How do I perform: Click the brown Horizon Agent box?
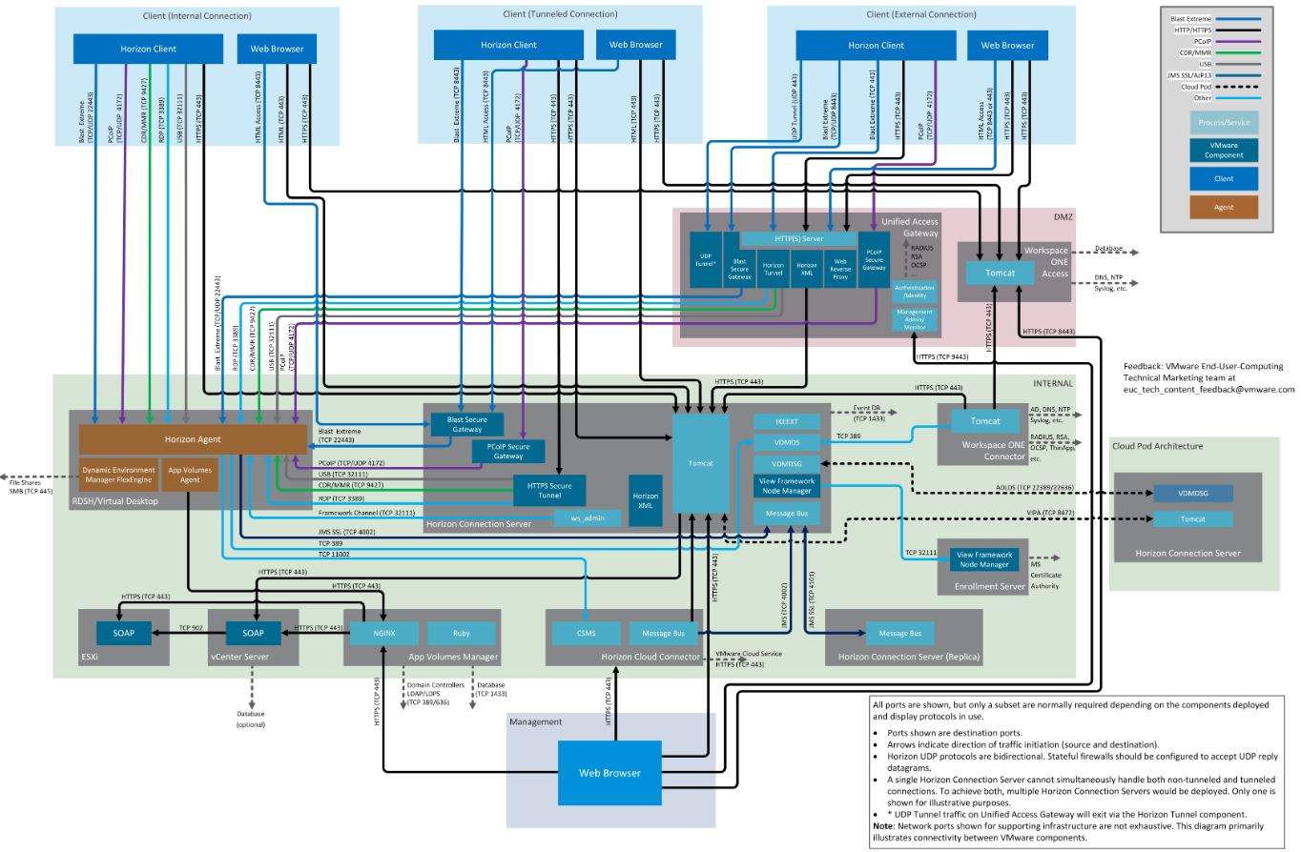(x=192, y=439)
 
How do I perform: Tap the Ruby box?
(x=462, y=633)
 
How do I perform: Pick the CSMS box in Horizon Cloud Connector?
(x=586, y=633)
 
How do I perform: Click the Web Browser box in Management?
(x=609, y=772)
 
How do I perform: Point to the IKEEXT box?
(x=787, y=421)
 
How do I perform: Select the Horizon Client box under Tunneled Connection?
(x=508, y=45)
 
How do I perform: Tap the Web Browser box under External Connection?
(x=1007, y=45)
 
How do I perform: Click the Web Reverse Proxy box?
(x=840, y=268)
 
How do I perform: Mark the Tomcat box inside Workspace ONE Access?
(x=1001, y=273)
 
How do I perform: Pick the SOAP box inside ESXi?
(x=123, y=633)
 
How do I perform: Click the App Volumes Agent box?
(x=189, y=474)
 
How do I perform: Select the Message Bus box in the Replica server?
(x=899, y=633)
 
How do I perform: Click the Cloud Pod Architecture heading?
(x=1157, y=446)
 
